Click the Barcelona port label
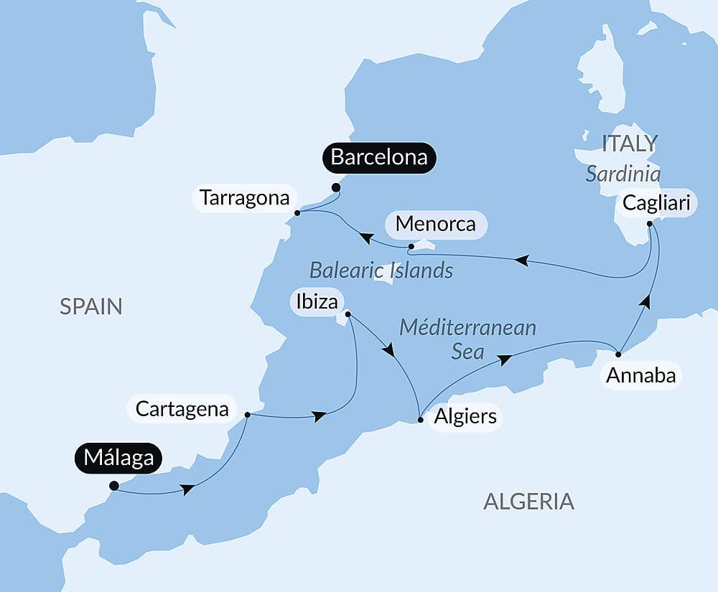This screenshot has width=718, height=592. tap(379, 157)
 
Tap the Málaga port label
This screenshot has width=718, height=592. tap(118, 457)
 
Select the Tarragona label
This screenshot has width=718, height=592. tap(244, 198)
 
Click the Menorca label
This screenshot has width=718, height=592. tap(435, 224)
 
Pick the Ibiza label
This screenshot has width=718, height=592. tap(317, 302)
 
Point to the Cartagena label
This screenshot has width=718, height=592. tap(182, 410)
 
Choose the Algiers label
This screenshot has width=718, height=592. tap(465, 417)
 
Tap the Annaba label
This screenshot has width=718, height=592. tap(641, 375)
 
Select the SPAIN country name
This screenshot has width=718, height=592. tap(91, 307)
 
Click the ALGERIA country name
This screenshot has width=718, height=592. tap(528, 502)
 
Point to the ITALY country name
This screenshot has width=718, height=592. tap(629, 144)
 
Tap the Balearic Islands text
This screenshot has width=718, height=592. tap(381, 271)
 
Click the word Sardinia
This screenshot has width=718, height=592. tap(623, 174)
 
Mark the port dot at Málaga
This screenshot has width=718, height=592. tap(113, 486)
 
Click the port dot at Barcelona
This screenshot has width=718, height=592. tap(335, 188)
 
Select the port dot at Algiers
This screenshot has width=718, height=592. tap(420, 420)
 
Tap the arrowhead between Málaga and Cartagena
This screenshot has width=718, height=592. tap(187, 489)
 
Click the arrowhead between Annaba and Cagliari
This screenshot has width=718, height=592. tap(645, 301)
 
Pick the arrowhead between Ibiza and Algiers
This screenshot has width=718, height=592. tap(388, 351)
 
